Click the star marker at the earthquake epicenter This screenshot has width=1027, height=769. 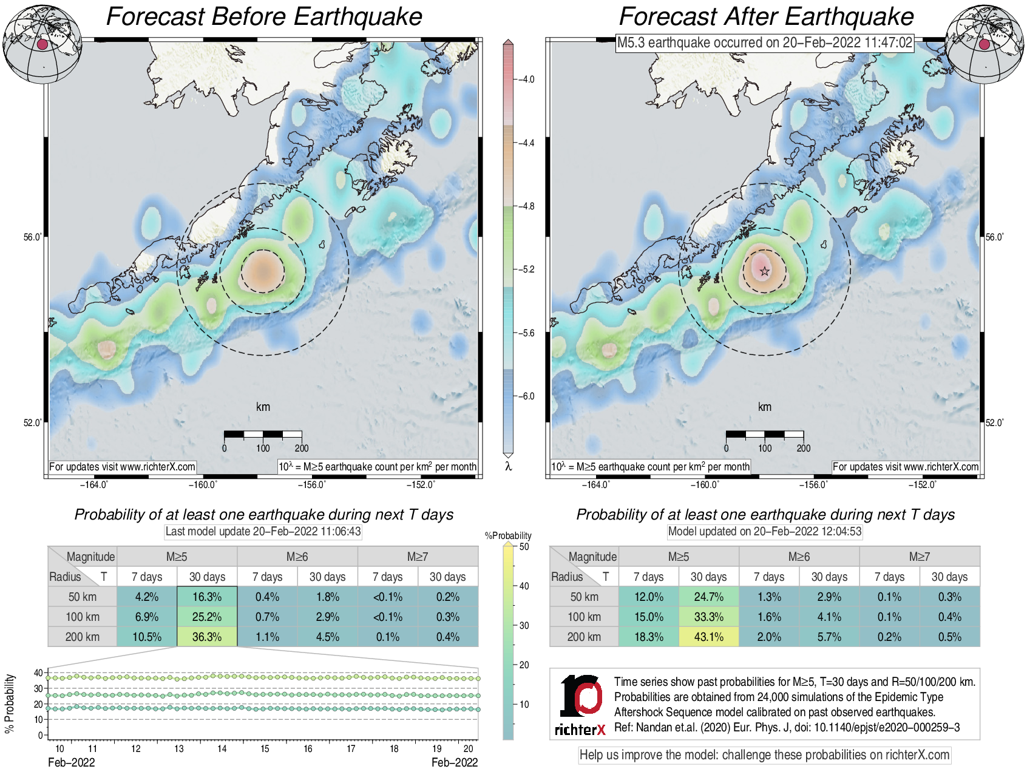764,271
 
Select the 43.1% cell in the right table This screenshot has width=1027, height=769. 708,637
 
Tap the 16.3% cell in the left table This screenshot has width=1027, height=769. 207,597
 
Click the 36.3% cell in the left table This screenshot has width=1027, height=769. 207,637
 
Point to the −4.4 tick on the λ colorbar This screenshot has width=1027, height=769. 526,143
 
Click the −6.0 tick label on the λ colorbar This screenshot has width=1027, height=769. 526,396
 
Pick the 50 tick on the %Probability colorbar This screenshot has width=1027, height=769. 524,546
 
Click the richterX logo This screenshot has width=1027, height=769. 580,705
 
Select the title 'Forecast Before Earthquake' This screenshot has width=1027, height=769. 264,16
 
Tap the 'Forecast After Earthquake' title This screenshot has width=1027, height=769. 766,16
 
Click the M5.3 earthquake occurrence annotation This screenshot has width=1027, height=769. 765,42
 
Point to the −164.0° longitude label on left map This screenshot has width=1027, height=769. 94,484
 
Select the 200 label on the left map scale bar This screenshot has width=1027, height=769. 302,449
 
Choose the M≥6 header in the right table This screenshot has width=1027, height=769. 799,557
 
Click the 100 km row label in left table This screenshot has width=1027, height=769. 83,617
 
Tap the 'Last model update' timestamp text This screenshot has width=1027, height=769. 263,532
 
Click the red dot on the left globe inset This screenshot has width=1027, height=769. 42,44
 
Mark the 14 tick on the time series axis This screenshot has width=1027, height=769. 222,748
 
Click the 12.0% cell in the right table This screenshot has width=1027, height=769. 648,597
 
